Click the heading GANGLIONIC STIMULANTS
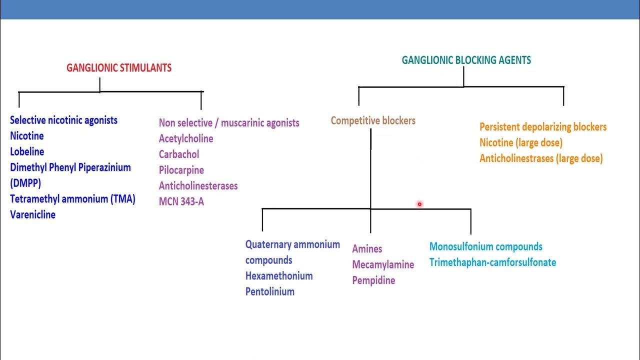(119, 68)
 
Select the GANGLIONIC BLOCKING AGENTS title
(466, 60)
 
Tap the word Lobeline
(27, 151)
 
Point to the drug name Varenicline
(32, 215)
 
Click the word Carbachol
(179, 154)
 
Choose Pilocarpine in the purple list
(181, 170)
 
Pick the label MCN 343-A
(181, 202)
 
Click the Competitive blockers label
(373, 120)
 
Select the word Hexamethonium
(279, 276)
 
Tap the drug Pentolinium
(270, 292)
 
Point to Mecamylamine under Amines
(383, 265)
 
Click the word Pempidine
(373, 280)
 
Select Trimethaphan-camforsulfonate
(492, 262)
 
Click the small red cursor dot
(419, 204)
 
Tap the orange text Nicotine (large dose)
(521, 143)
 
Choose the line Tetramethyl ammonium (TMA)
(72, 199)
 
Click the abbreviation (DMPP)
(25, 183)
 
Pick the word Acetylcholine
(186, 139)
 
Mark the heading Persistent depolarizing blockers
(543, 127)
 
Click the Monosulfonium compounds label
(485, 247)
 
